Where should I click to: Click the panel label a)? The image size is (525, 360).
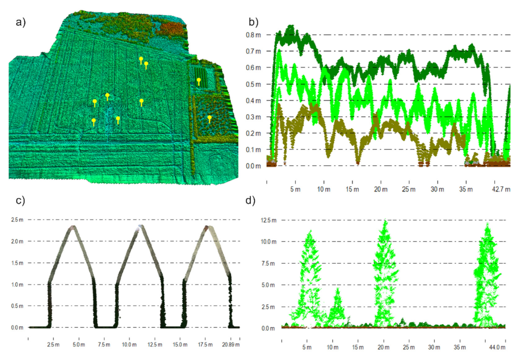coord(20,22)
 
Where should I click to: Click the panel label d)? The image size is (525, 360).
coord(251,200)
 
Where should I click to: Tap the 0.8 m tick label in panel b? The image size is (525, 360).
coord(253,35)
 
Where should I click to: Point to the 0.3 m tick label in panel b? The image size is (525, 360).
coord(253,117)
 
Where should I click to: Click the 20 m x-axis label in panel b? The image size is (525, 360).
coord(381,189)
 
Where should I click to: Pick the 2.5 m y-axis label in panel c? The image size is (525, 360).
coord(17,220)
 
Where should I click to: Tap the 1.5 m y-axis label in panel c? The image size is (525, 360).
coord(17,263)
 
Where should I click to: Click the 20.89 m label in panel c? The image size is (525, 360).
coord(231,345)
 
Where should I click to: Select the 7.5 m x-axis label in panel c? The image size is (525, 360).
coord(104,345)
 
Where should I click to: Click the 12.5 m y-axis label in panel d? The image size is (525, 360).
coord(269,220)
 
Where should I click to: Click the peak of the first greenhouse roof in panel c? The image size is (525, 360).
coord(73,227)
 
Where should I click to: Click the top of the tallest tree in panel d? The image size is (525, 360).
coord(384,221)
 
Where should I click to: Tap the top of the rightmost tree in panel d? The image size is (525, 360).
coord(488,224)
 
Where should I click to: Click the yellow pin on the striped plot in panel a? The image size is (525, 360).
coord(199,81)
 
